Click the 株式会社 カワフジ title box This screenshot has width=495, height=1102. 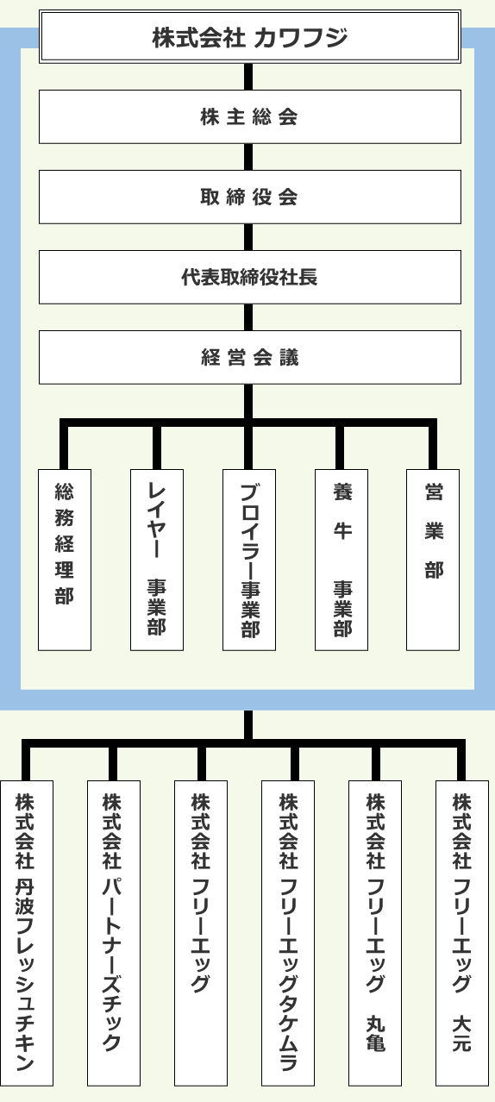[249, 37]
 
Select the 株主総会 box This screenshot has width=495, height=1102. [249, 116]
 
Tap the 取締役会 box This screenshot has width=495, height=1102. [249, 197]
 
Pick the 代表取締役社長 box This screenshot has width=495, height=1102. [249, 277]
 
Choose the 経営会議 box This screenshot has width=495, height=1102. [249, 357]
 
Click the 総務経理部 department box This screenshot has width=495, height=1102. [65, 560]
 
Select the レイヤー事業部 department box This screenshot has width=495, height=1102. [156, 560]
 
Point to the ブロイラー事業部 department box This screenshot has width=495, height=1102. [248, 560]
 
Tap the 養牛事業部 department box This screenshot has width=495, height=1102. [341, 560]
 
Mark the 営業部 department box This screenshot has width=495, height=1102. [433, 560]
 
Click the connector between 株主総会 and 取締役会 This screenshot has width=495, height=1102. [249, 157]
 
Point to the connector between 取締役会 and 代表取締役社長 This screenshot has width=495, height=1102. [249, 237]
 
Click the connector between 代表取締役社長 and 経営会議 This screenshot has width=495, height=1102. [249, 317]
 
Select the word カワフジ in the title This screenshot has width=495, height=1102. [302, 37]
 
